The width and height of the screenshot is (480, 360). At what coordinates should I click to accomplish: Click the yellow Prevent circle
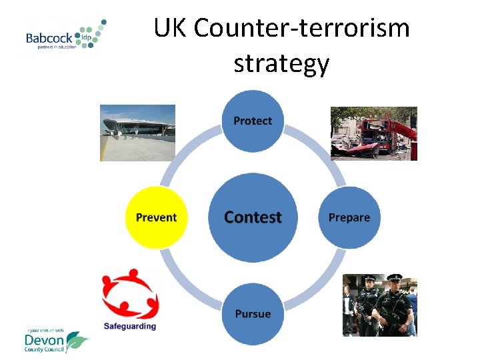(157, 217)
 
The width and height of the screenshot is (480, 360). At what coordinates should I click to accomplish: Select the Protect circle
(253, 121)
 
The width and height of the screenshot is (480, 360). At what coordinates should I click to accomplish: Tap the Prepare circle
(349, 217)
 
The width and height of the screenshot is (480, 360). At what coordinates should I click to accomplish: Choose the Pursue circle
(253, 313)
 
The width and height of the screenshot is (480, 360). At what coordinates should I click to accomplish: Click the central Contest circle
(253, 217)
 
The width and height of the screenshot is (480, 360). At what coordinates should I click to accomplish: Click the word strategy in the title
(281, 63)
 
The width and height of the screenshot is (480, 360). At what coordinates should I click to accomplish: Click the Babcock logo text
(50, 39)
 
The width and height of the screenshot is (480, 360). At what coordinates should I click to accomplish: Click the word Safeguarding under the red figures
(130, 326)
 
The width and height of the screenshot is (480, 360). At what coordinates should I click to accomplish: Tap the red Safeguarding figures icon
(130, 293)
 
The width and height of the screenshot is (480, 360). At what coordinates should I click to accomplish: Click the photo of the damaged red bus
(374, 133)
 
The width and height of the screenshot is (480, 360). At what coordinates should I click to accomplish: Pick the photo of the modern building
(137, 132)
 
